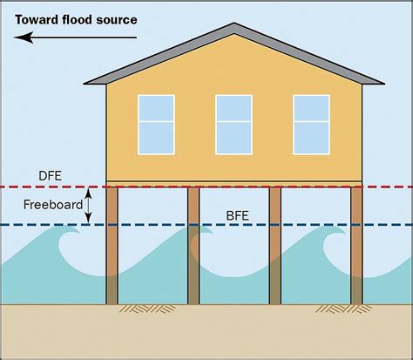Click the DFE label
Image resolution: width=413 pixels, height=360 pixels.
(x=51, y=176)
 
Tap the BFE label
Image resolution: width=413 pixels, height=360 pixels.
(x=237, y=216)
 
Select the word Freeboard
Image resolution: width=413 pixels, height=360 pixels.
(x=53, y=205)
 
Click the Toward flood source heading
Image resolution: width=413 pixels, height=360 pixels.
(x=76, y=20)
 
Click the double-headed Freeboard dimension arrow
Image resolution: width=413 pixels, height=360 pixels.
(x=88, y=206)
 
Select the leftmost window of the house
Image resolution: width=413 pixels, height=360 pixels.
(x=156, y=125)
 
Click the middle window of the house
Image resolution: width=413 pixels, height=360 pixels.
(x=234, y=125)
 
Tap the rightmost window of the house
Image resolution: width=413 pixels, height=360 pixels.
(x=312, y=125)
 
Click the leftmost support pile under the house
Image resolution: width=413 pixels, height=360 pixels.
(x=112, y=246)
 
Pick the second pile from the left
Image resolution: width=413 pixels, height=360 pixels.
(x=193, y=246)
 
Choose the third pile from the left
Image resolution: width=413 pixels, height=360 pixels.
(x=275, y=246)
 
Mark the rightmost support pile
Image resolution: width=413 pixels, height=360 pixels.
(x=356, y=246)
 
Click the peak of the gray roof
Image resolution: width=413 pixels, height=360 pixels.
(x=234, y=24)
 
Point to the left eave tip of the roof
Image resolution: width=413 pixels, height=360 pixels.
(x=85, y=84)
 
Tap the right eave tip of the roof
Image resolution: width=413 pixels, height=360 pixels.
(x=384, y=84)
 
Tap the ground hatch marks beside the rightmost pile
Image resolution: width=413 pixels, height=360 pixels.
(x=342, y=309)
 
